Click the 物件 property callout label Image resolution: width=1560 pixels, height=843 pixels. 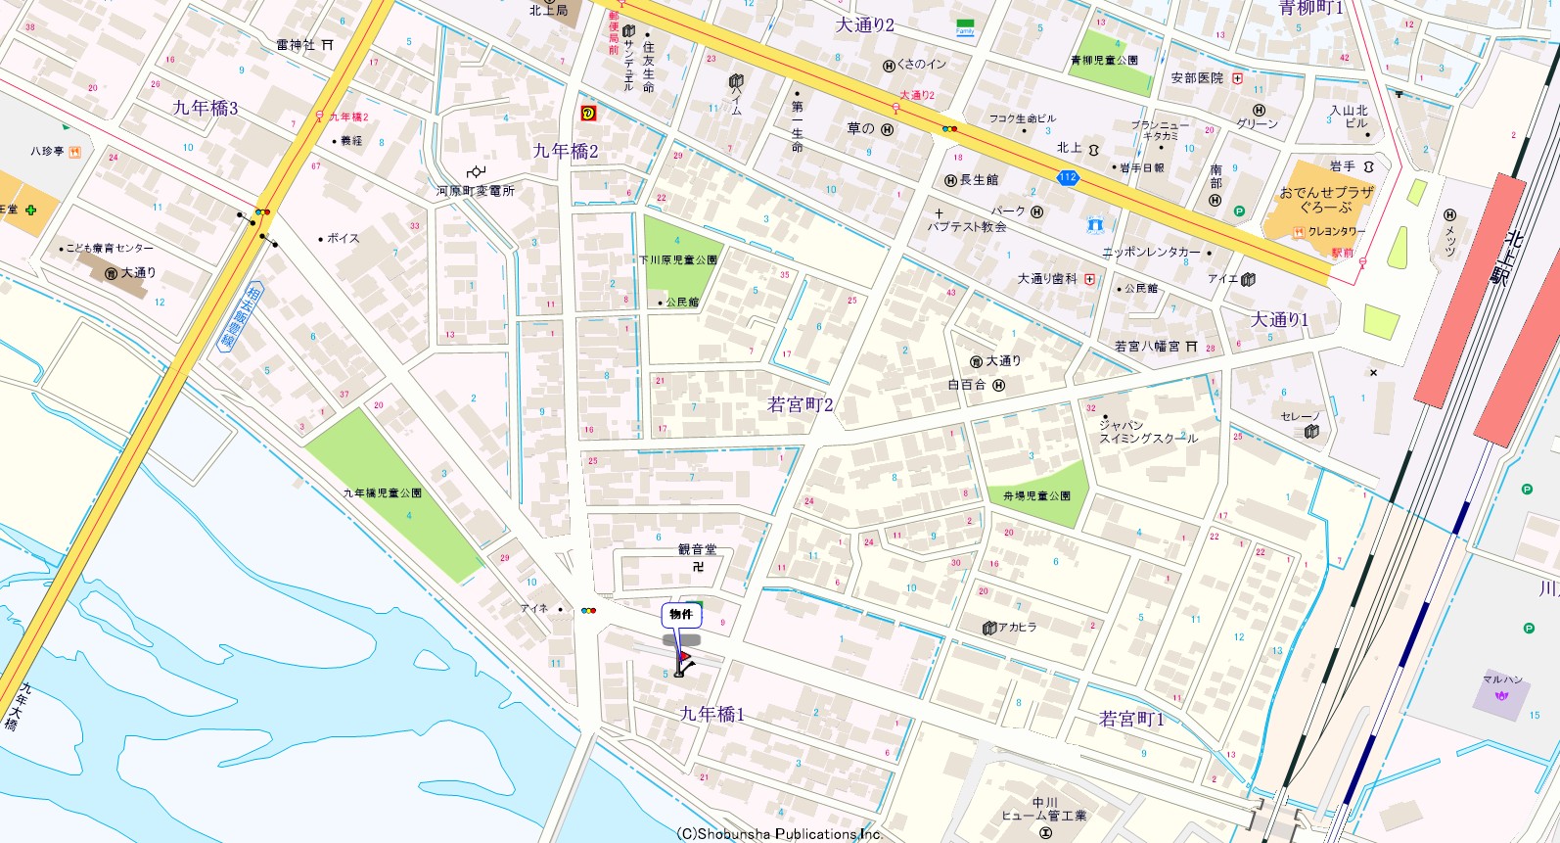click(x=681, y=615)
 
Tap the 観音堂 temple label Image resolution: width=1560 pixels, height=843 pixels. click(x=697, y=550)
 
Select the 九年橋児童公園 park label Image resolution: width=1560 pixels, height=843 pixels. click(x=382, y=492)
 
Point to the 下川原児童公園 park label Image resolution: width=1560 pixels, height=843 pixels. click(x=678, y=260)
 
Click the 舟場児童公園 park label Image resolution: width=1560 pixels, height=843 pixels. click(x=1036, y=496)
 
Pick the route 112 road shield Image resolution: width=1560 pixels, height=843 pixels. click(x=1067, y=177)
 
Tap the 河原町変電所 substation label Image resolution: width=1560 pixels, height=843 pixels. click(x=475, y=191)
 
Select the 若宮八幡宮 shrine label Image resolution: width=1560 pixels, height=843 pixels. click(x=1147, y=347)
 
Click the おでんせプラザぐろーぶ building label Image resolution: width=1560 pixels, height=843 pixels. click(x=1326, y=200)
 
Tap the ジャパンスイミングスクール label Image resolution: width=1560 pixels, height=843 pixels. click(x=1147, y=432)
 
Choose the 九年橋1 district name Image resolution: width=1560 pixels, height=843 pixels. click(x=711, y=715)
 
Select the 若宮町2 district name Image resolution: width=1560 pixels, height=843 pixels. click(x=800, y=404)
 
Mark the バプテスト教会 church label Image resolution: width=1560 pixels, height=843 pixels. click(x=967, y=226)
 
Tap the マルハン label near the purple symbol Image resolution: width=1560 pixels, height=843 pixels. click(x=1501, y=679)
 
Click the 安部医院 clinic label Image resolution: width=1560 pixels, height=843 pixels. click(x=1197, y=78)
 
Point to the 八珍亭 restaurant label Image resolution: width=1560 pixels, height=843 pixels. click(x=47, y=152)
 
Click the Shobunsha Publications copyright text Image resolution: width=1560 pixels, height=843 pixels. click(x=779, y=834)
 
